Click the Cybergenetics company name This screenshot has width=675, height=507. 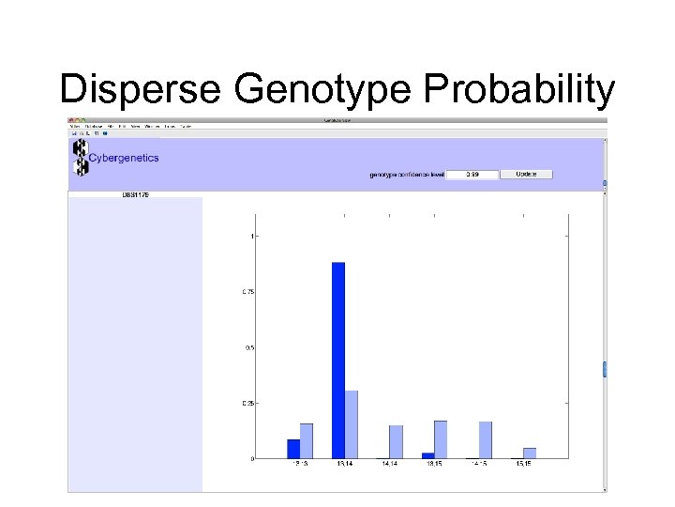click(124, 158)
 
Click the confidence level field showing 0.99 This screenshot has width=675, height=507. click(471, 175)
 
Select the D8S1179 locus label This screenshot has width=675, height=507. click(136, 194)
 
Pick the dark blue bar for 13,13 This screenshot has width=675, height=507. click(293, 449)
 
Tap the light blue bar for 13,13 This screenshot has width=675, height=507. click(307, 441)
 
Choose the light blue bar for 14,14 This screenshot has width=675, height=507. click(397, 442)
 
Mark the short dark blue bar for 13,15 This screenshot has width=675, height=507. click(427, 455)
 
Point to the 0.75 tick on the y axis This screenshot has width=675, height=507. click(248, 292)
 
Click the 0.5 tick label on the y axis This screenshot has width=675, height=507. click(249, 347)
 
